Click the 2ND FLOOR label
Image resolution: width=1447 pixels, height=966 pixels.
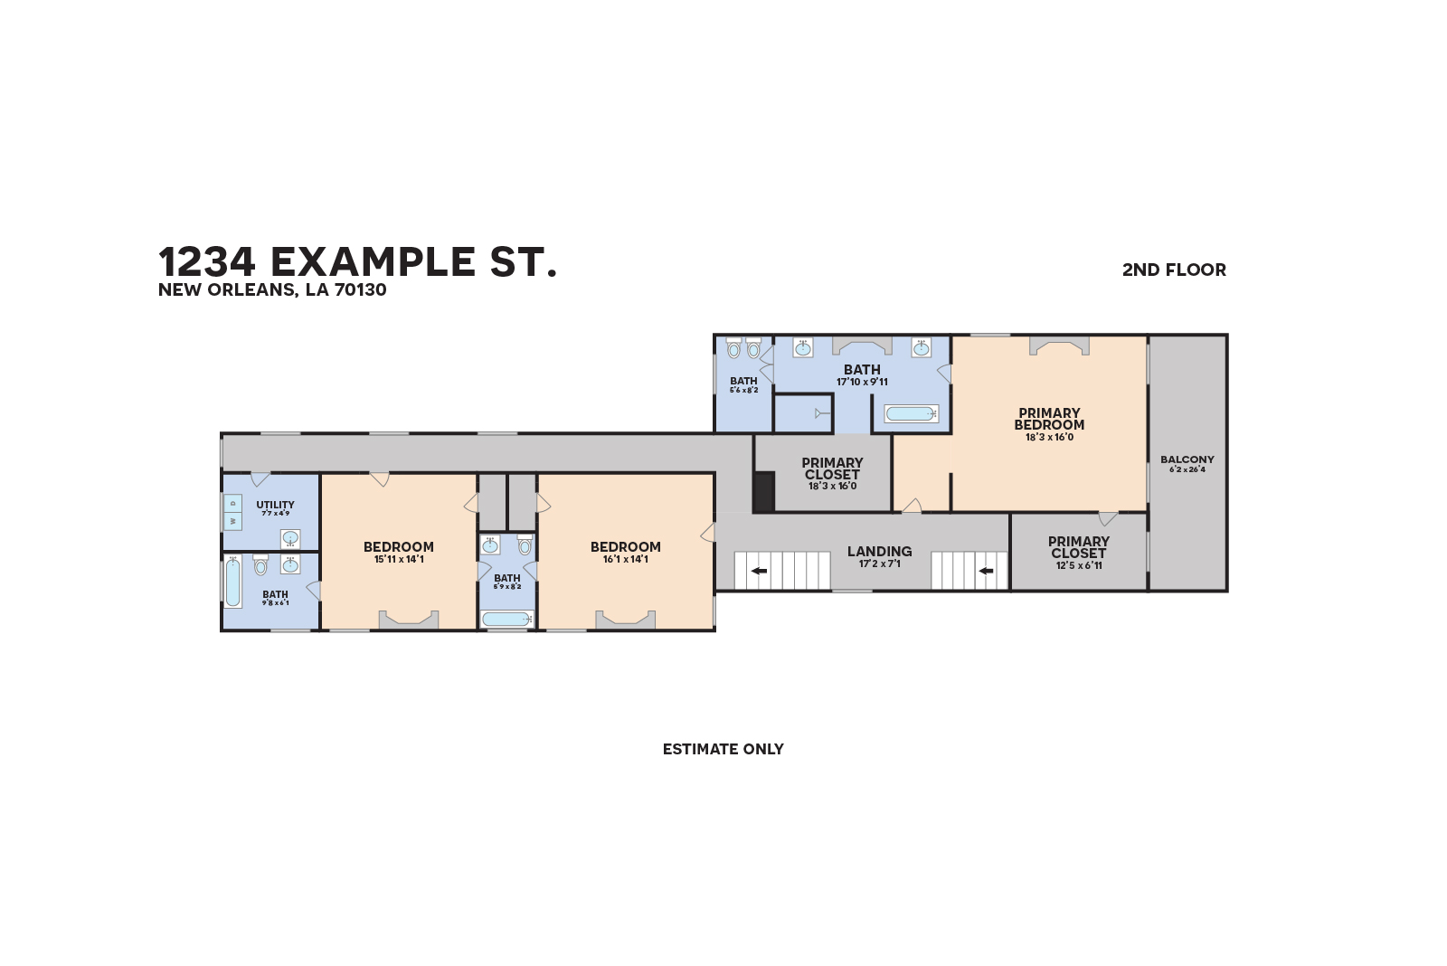click(x=1174, y=270)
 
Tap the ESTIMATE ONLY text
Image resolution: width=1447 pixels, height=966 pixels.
click(x=723, y=749)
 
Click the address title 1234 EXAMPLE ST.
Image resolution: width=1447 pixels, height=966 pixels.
click(x=357, y=261)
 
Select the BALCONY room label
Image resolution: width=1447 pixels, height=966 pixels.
click(x=1187, y=459)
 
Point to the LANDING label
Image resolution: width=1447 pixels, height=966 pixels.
click(x=879, y=551)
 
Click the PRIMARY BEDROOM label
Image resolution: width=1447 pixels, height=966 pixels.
click(x=1049, y=419)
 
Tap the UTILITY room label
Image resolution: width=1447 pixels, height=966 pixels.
click(x=275, y=505)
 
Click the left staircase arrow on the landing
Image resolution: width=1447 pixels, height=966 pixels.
click(x=759, y=571)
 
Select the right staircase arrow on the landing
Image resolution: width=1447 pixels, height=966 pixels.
click(x=986, y=571)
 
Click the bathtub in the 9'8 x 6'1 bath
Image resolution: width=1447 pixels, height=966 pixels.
click(x=233, y=582)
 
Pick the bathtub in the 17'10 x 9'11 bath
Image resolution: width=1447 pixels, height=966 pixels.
click(x=912, y=413)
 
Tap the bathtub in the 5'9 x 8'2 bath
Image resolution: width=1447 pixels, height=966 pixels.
click(x=506, y=619)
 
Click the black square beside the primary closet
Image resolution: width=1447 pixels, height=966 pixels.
click(x=764, y=491)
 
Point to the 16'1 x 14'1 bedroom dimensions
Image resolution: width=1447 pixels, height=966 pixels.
click(x=626, y=560)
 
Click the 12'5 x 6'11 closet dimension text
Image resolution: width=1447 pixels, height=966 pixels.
click(x=1079, y=566)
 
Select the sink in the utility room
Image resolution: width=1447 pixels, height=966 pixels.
click(x=290, y=539)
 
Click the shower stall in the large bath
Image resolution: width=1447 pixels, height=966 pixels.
click(x=803, y=413)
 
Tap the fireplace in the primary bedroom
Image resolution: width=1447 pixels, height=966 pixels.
click(x=1059, y=346)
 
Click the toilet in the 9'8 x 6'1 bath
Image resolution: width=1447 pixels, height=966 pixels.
click(x=260, y=566)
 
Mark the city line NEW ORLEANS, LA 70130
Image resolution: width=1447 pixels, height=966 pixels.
click(x=272, y=290)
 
